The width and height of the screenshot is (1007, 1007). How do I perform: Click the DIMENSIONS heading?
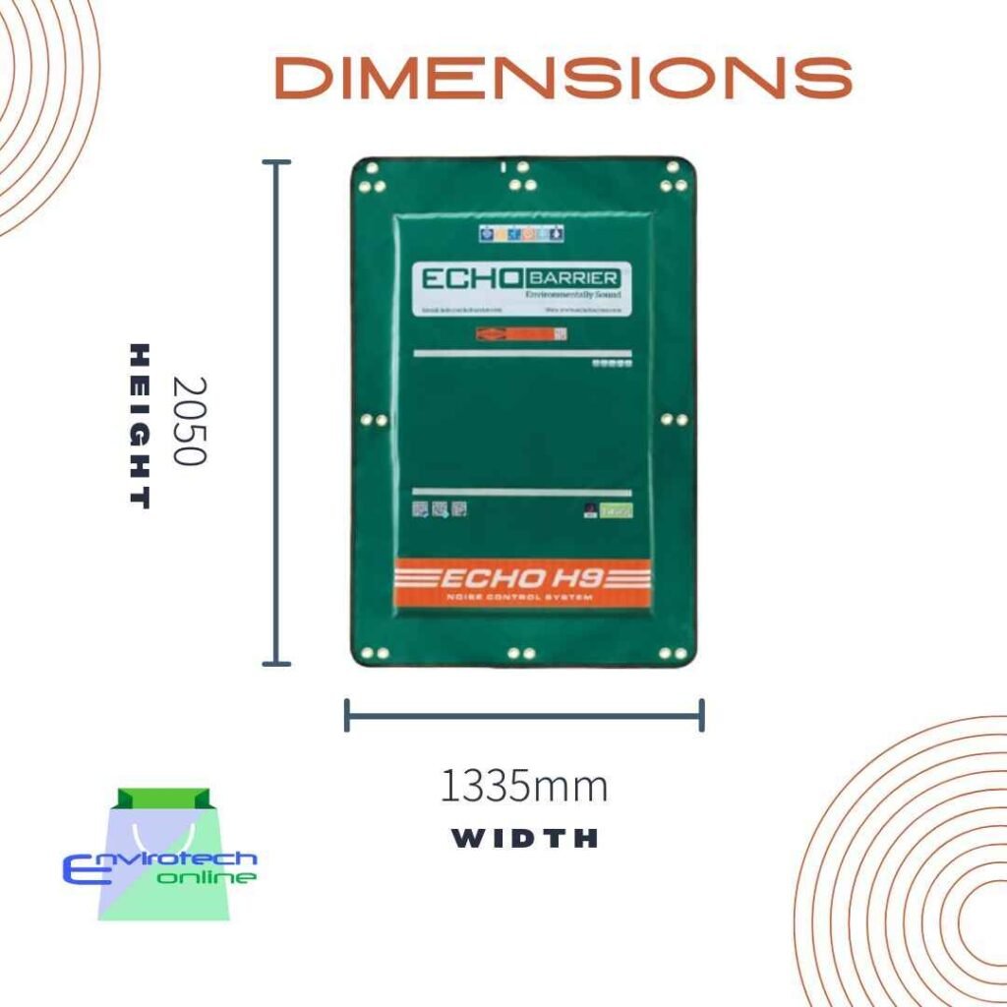click(563, 79)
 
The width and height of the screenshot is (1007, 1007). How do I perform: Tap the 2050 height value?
click(188, 420)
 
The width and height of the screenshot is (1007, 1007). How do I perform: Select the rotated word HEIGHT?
click(141, 425)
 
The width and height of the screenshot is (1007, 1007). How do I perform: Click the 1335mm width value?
click(523, 787)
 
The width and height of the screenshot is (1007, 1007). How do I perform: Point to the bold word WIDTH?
click(524, 839)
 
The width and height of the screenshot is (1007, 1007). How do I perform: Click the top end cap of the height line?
click(276, 161)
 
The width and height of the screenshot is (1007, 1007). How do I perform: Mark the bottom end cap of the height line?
click(276, 665)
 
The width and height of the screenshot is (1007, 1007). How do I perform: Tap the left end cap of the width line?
click(347, 715)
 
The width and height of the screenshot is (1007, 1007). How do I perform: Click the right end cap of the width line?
click(701, 715)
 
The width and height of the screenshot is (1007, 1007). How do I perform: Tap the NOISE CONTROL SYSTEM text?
click(524, 597)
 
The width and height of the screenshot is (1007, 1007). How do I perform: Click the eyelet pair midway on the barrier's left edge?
click(372, 420)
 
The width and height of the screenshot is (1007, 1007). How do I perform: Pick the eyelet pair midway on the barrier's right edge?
click(675, 420)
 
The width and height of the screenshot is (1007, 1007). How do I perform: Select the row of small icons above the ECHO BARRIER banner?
click(521, 234)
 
